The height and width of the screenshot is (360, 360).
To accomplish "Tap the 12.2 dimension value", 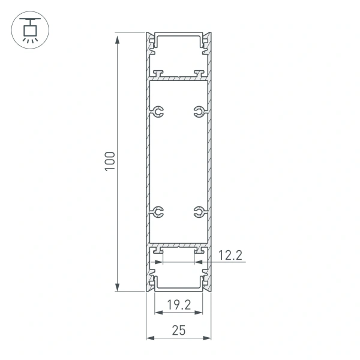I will pyautogui.click(x=230, y=256).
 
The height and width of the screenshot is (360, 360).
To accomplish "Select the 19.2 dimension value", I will pyautogui.click(x=178, y=305).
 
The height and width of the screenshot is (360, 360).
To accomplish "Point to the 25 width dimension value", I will pyautogui.click(x=178, y=329).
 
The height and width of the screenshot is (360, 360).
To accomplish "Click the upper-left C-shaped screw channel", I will pyautogui.click(x=157, y=112).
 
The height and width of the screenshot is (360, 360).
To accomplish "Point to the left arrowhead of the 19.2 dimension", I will pyautogui.click(x=158, y=313).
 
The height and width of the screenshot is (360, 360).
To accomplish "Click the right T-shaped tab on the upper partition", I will pyautogui.click(x=198, y=73).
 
